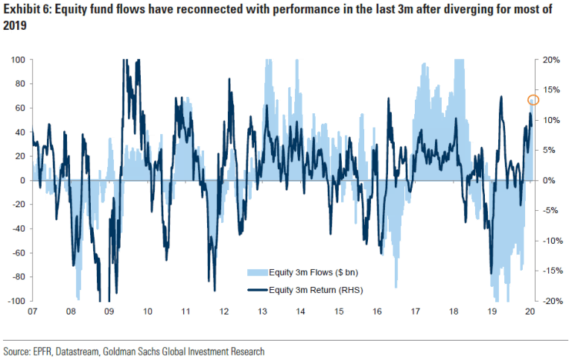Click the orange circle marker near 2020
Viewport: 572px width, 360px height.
pos(533,100)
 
